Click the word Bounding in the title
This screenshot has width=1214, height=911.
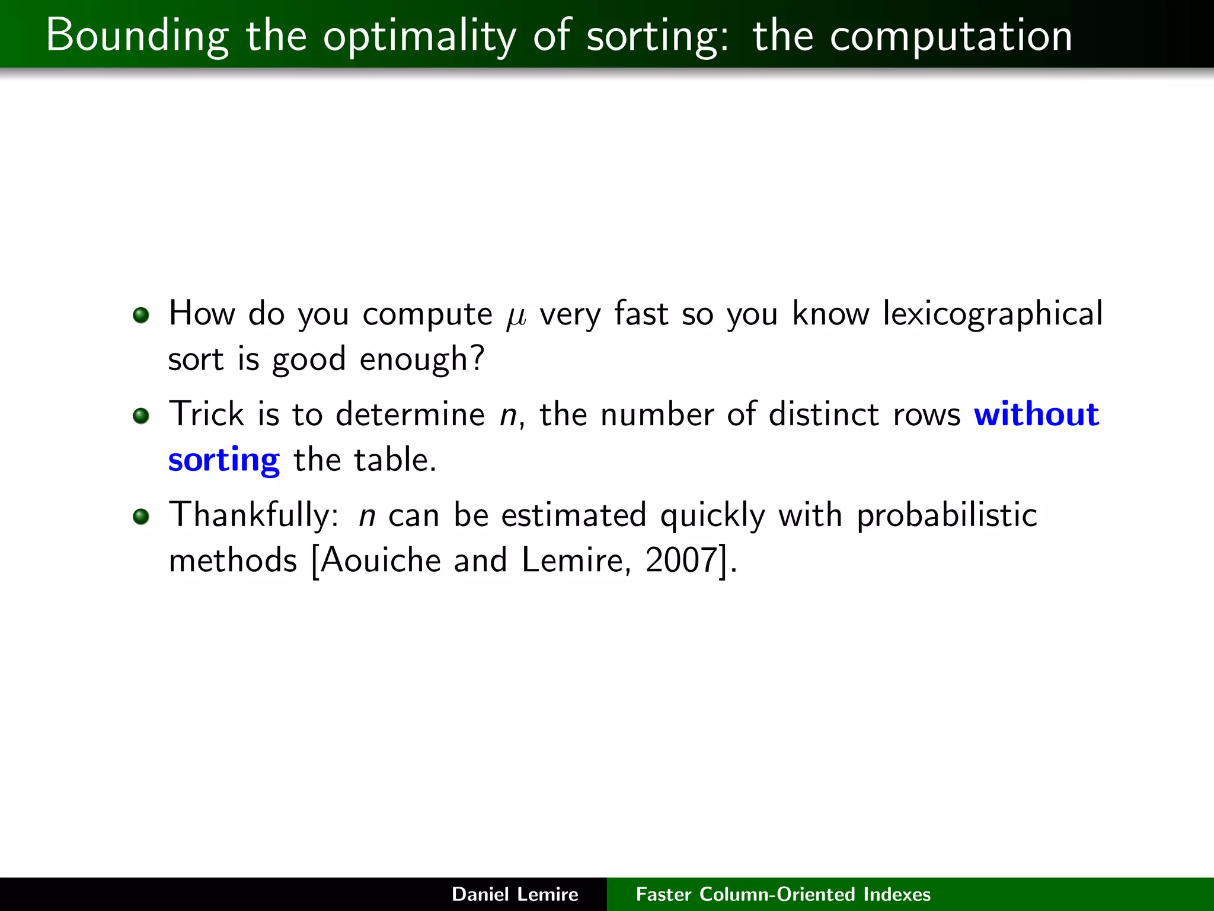click(x=137, y=36)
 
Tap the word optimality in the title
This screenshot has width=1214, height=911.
click(x=420, y=36)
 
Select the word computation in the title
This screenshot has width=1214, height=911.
click(x=951, y=36)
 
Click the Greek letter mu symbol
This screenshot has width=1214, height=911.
click(x=516, y=316)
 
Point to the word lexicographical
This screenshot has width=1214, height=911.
click(x=992, y=314)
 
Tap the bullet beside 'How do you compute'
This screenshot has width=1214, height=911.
click(x=141, y=315)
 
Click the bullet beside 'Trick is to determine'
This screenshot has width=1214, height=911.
click(x=141, y=416)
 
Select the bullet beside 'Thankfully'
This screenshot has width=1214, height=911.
click(x=141, y=517)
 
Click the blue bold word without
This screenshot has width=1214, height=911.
click(x=1037, y=414)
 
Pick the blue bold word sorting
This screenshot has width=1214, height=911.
click(x=223, y=460)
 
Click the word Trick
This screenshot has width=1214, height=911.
click(x=206, y=414)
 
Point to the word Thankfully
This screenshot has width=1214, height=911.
click(x=253, y=515)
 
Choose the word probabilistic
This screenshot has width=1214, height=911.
click(x=947, y=515)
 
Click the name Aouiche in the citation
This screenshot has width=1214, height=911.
click(x=381, y=560)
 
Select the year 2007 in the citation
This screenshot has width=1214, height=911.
click(x=682, y=560)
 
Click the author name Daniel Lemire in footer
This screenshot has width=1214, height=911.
click(x=515, y=894)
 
